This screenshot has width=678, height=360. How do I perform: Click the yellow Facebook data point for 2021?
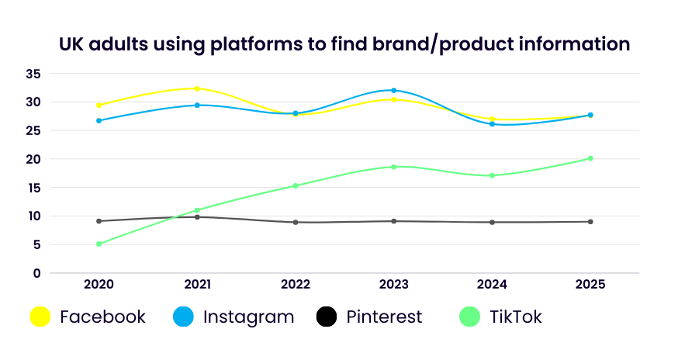[197, 89]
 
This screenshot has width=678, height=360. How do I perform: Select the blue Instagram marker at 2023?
[394, 91]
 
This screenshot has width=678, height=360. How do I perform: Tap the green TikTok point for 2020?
[99, 244]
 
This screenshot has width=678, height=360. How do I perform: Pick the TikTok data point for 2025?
[590, 158]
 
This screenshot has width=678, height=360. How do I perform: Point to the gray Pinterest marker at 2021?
[197, 217]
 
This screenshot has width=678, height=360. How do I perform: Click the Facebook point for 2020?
[99, 105]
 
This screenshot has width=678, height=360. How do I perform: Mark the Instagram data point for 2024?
[492, 124]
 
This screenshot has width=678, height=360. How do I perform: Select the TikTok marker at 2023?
[394, 167]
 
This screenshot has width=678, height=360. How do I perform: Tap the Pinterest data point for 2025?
[590, 222]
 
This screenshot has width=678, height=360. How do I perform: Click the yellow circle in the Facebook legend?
[40, 317]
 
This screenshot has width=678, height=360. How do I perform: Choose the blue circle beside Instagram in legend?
[183, 317]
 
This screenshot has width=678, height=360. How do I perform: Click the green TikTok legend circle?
[469, 317]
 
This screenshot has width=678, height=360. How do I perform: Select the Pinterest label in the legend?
[384, 317]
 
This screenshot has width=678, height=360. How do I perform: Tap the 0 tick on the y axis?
[36, 273]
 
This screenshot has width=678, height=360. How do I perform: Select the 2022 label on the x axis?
[296, 285]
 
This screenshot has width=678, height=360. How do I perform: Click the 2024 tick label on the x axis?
[492, 285]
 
